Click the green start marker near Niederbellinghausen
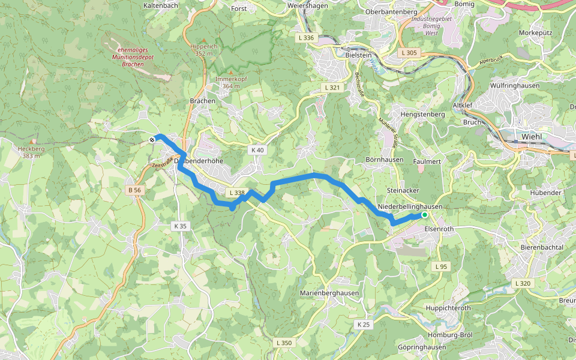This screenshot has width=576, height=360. coord(425,215)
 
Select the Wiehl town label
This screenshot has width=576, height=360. coord(532,136)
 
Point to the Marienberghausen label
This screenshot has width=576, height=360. coord(329,293)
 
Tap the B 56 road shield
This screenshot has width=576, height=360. coord(134,190)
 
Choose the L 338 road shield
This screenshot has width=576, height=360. coord(236,193)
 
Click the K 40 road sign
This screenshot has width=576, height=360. coord(257,150)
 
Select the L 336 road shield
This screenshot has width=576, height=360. coord(305,37)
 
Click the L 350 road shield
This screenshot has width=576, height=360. coord(284,343)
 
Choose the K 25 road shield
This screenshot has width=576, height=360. coord(364,324)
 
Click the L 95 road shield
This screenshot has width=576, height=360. coord(440,266)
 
